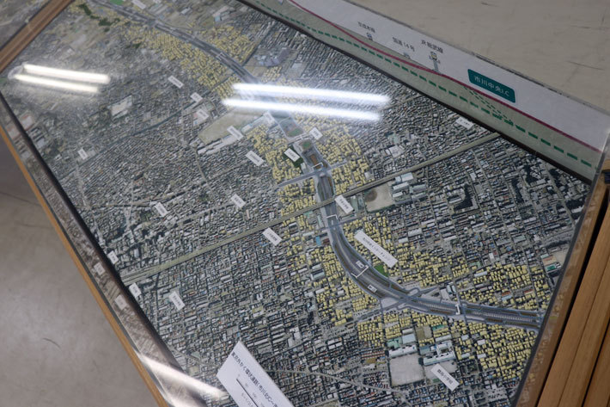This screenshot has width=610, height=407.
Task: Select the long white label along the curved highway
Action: click(375, 248)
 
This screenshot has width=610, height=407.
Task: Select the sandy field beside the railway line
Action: click(376, 199)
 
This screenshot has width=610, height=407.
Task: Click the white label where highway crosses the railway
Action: click(343, 204)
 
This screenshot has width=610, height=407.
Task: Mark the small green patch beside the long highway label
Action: click(381, 269)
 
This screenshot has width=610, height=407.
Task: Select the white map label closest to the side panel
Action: click(464, 123)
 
